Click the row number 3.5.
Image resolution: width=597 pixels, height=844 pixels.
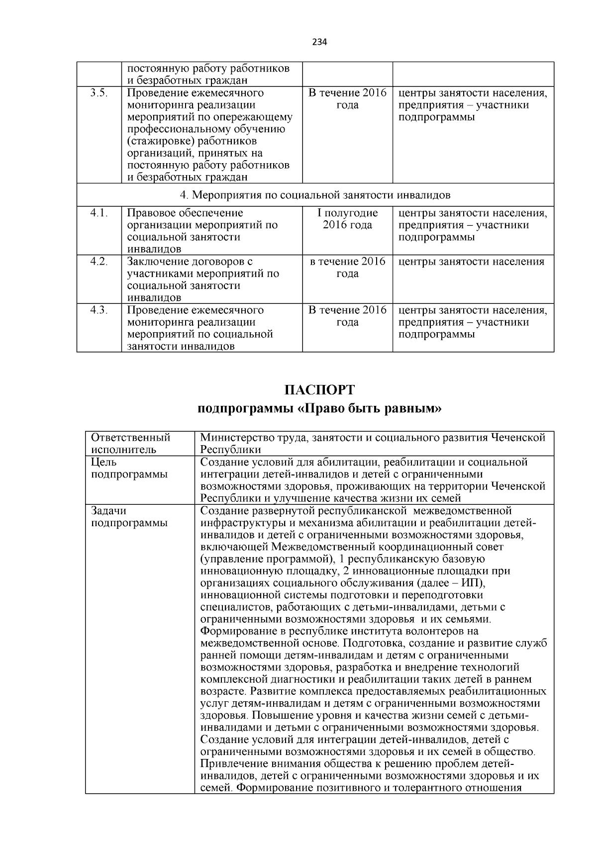point(99,94)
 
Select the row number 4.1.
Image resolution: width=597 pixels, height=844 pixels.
point(99,213)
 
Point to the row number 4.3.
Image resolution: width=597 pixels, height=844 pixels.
point(99,310)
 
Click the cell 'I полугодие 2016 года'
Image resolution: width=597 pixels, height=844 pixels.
point(347,219)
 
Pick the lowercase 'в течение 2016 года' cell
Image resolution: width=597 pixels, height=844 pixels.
point(347,268)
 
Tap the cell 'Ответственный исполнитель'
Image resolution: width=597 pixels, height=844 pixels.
point(131,444)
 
